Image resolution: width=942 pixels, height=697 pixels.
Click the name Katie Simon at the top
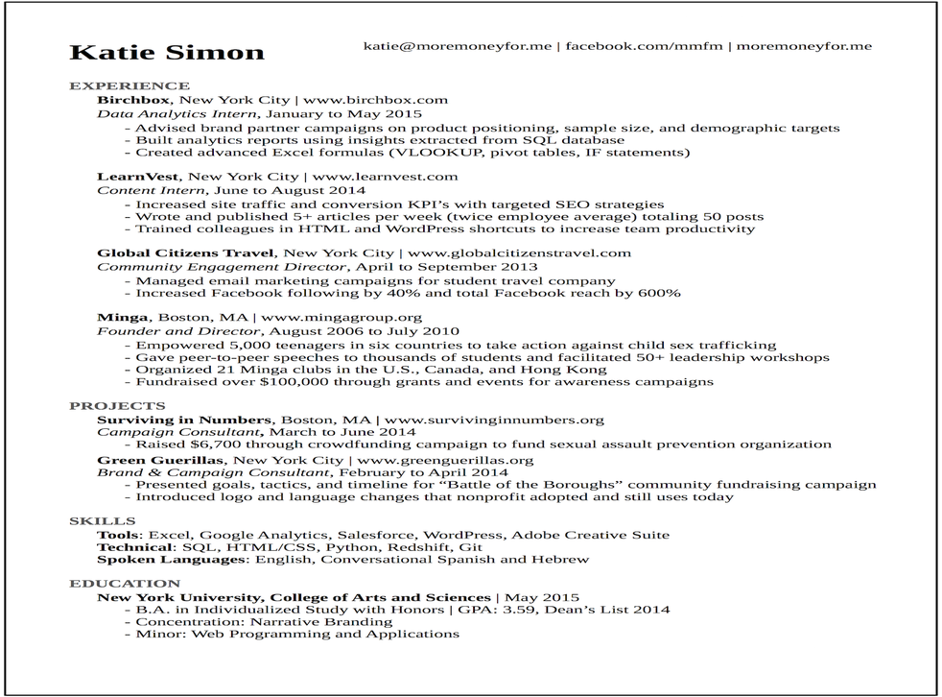[x=167, y=52]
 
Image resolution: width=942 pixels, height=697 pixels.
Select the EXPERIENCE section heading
[x=130, y=85]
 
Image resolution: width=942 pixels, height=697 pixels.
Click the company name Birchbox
[x=134, y=100]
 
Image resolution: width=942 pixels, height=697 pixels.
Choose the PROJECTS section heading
[x=117, y=406]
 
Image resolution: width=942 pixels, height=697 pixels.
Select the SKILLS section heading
[x=102, y=521]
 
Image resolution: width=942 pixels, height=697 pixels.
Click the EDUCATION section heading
[x=125, y=584]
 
